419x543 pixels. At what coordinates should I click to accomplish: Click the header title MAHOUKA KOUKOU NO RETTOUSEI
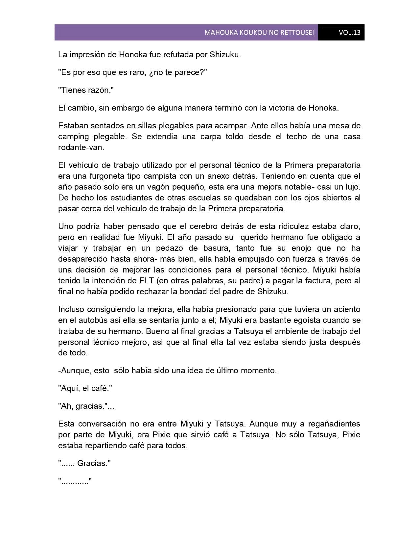[x=259, y=33]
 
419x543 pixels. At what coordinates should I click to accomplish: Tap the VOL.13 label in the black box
[x=349, y=33]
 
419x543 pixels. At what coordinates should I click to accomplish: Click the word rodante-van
[x=81, y=147]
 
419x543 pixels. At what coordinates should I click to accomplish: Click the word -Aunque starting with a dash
[x=72, y=371]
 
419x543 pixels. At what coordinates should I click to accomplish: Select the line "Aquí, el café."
[x=85, y=388]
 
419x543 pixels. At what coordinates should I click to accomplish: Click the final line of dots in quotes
[x=75, y=482]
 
